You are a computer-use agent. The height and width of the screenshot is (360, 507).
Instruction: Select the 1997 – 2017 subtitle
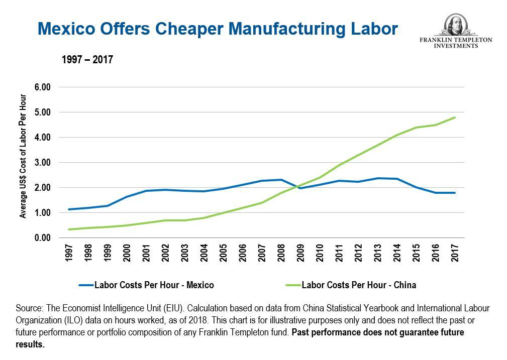(x=87, y=60)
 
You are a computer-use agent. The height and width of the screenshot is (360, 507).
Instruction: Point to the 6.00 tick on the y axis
(x=43, y=87)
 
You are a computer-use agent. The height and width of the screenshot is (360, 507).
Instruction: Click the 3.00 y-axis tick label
(x=43, y=163)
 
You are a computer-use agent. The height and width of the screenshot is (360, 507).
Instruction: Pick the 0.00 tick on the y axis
(x=43, y=238)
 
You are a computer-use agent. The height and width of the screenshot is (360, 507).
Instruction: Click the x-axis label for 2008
(x=281, y=253)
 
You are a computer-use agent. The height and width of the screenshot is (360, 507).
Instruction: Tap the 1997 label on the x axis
(x=69, y=253)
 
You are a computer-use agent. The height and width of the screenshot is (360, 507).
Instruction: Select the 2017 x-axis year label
(x=455, y=253)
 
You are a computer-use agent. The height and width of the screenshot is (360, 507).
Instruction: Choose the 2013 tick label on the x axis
(x=377, y=253)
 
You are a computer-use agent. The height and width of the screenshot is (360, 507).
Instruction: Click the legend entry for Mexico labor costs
(x=146, y=285)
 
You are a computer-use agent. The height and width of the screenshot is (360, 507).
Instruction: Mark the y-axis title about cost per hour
(x=23, y=156)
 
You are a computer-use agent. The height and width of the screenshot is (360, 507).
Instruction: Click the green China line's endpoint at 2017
(x=455, y=117)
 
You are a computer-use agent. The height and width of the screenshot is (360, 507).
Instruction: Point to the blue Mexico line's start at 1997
(x=69, y=209)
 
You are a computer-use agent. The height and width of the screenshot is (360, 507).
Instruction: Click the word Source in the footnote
(x=28, y=308)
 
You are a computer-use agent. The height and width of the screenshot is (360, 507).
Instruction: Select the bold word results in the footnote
(x=30, y=345)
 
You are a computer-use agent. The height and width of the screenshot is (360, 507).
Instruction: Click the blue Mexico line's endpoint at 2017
(x=455, y=193)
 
